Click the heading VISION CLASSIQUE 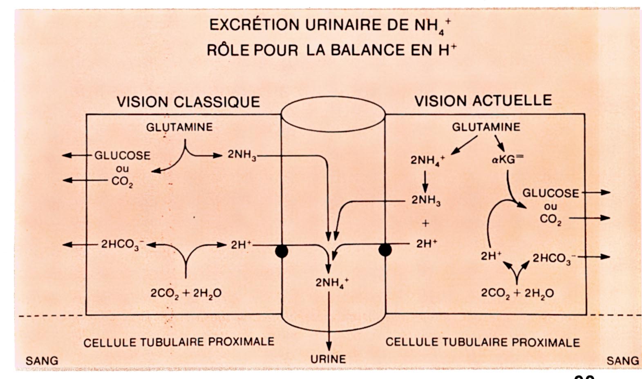tap(188, 102)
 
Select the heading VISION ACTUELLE tap(483, 100)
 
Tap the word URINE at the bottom tap(328, 359)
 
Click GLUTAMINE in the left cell tap(179, 127)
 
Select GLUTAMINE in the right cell tap(486, 127)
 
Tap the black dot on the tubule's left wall tap(282, 251)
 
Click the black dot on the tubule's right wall tap(385, 249)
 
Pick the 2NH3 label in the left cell tap(242, 156)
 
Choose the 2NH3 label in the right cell tap(425, 201)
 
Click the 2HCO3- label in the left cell tap(122, 245)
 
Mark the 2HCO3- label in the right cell tap(554, 259)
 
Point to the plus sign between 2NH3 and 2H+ tap(426, 223)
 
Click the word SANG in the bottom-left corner tap(42, 361)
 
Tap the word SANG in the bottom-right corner tap(622, 361)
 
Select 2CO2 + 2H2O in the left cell tap(186, 293)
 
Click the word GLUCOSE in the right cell tap(550, 193)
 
